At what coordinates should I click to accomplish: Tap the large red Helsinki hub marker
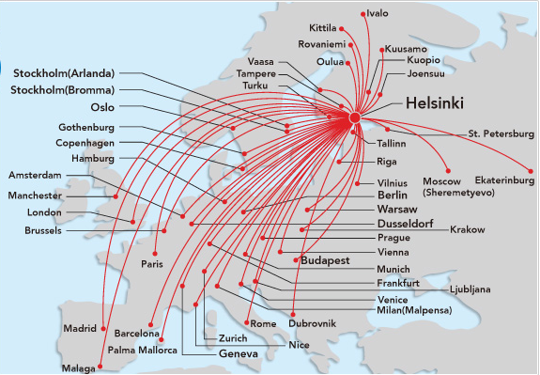coord(355,117)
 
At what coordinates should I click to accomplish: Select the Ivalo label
coord(378,13)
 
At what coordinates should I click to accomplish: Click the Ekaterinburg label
coord(499,179)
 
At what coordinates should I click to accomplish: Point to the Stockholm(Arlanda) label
coord(64,73)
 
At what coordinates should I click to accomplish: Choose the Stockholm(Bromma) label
coord(62,90)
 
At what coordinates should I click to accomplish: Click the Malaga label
coord(78,367)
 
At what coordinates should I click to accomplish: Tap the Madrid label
coord(80,328)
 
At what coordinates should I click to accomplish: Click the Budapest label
coord(324,259)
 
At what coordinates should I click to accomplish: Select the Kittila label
coord(321,28)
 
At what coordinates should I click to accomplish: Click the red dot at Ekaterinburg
coord(532,171)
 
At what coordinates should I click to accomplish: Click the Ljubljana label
coord(470,289)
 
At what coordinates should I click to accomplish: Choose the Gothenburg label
coord(85,127)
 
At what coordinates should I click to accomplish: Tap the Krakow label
coord(467,229)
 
